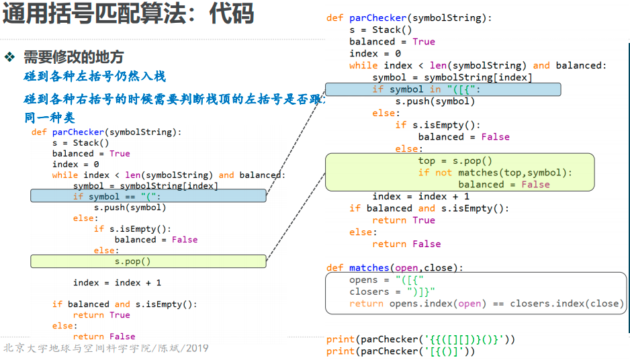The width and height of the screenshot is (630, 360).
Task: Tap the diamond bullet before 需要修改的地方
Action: [x=10, y=57]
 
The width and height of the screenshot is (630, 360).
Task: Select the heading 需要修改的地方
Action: [x=73, y=57]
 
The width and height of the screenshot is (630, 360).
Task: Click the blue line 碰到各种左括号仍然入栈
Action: [x=95, y=77]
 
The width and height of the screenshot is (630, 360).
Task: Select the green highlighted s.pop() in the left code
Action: [x=132, y=261]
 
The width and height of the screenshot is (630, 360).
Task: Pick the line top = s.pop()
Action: [x=455, y=161]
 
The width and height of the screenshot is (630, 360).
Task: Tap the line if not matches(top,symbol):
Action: [x=495, y=173]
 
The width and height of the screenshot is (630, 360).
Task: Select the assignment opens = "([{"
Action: [x=386, y=279]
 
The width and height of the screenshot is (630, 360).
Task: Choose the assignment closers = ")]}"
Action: [x=392, y=291]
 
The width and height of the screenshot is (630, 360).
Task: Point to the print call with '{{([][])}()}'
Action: [x=420, y=339]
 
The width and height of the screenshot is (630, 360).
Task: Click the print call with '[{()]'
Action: [x=400, y=351]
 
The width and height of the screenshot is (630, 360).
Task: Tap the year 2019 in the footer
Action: [x=197, y=349]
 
